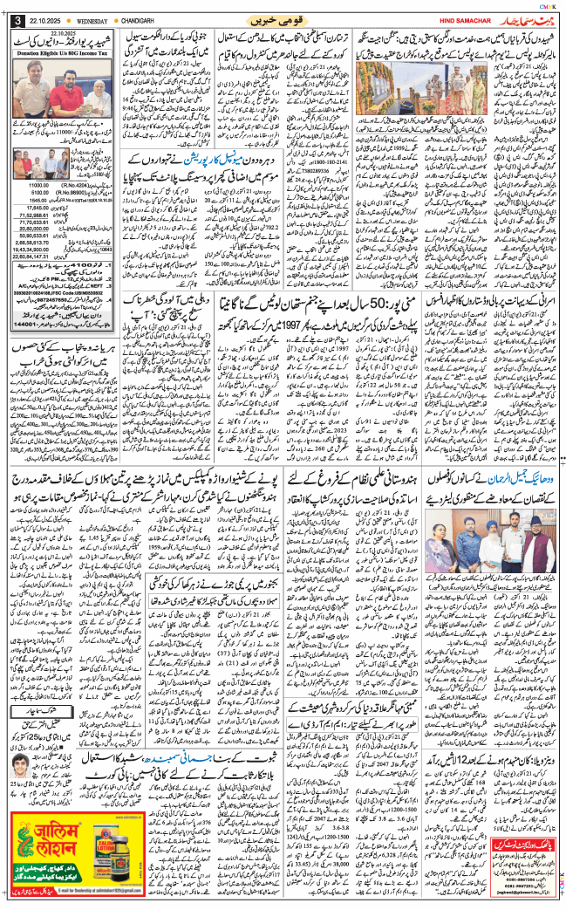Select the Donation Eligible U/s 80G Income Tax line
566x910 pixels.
click(x=60, y=51)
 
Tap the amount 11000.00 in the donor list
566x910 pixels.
click(x=40, y=186)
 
